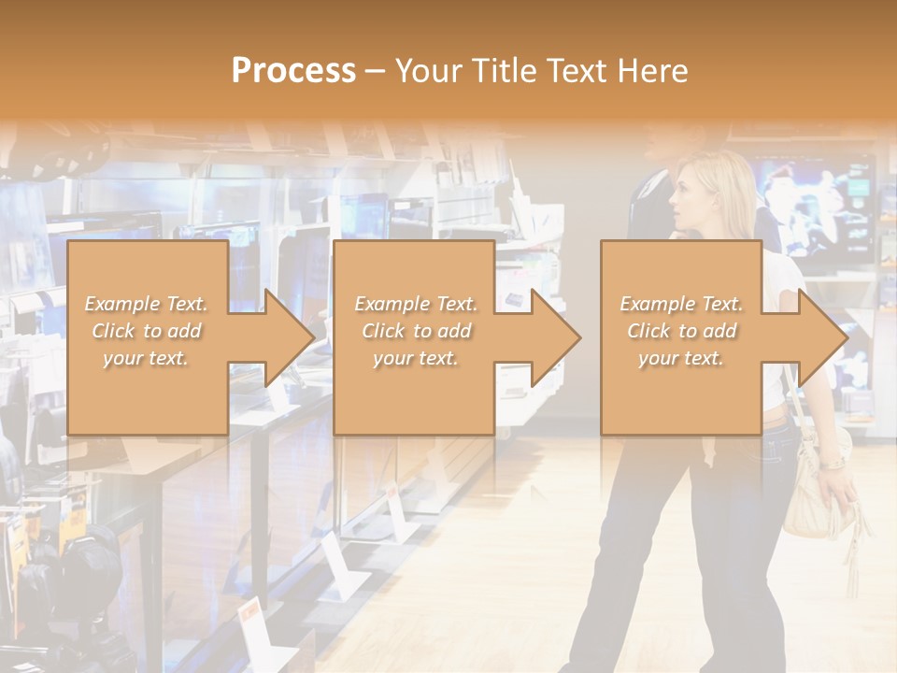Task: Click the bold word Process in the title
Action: (293, 71)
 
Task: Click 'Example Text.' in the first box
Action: (147, 304)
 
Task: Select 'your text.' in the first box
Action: (147, 358)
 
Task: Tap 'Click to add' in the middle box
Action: (416, 331)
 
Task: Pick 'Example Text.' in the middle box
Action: (416, 304)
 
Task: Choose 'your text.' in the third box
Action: (681, 358)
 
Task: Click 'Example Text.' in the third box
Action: (681, 304)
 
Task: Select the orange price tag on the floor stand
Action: (249, 612)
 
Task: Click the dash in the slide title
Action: (375, 72)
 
